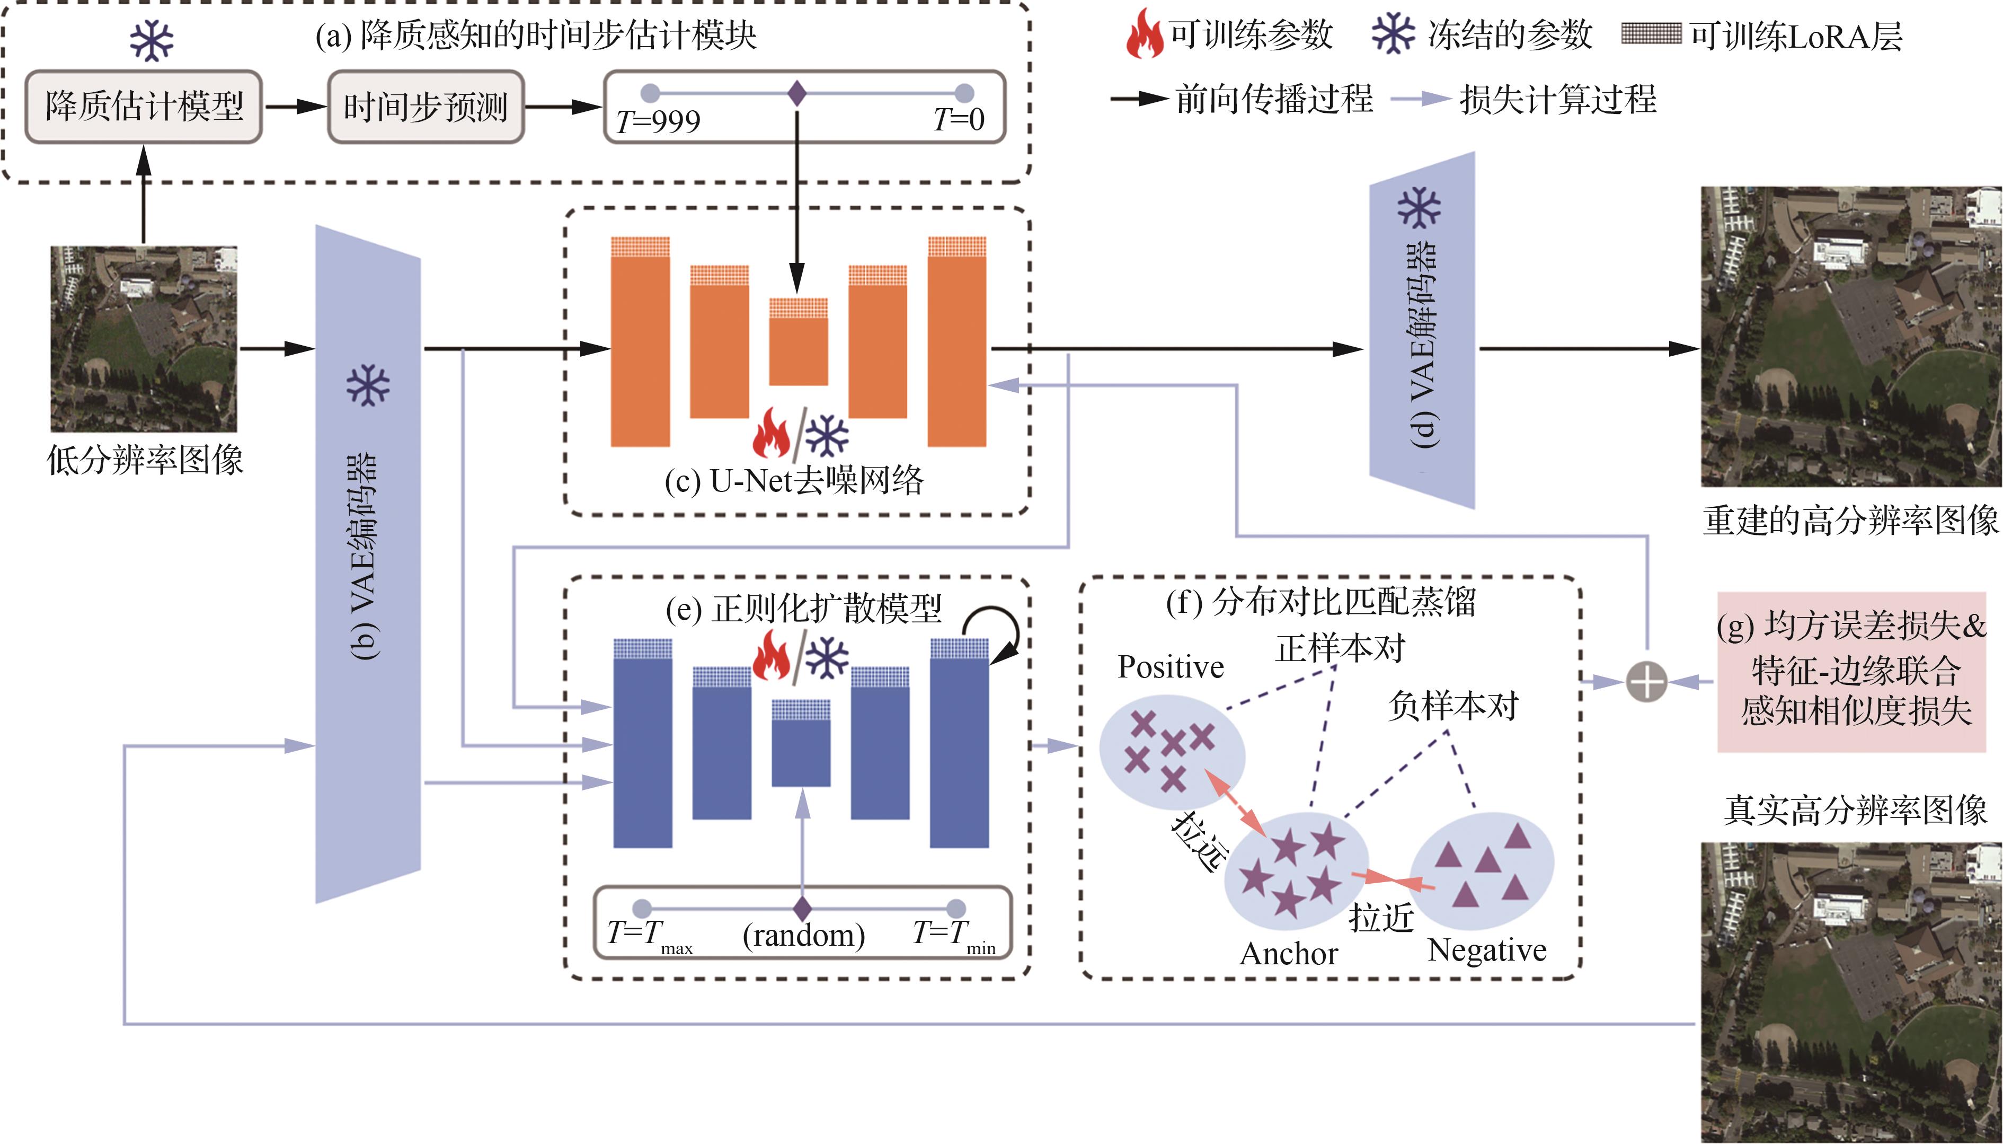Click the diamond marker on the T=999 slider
click(x=797, y=93)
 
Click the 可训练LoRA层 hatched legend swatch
click(x=1651, y=34)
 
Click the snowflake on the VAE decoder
click(x=1419, y=207)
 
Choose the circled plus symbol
click(x=1646, y=681)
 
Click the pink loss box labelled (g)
click(x=1851, y=672)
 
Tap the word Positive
click(x=1171, y=667)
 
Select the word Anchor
click(x=1289, y=953)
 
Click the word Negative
click(x=1487, y=951)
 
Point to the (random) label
click(x=804, y=935)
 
